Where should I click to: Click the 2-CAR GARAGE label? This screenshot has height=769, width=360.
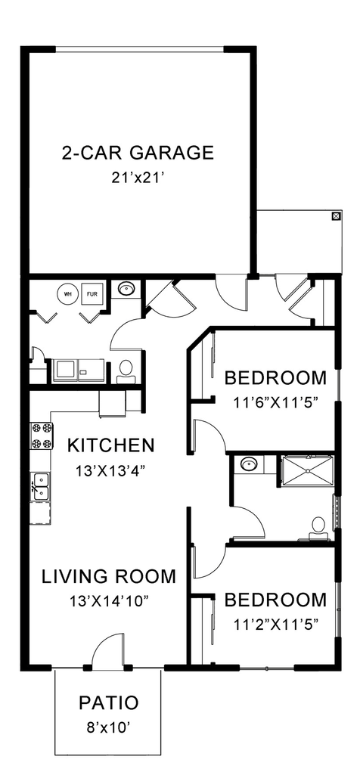138,153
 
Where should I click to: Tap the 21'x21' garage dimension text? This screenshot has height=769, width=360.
138,179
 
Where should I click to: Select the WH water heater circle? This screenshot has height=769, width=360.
67,293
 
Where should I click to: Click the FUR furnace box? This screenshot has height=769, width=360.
92,293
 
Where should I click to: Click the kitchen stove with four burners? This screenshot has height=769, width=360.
41,435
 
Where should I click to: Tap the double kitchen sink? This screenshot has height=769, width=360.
40,486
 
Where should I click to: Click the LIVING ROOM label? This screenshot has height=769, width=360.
109,576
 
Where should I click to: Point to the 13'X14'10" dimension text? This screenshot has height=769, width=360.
109,602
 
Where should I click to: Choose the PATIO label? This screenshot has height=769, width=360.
109,703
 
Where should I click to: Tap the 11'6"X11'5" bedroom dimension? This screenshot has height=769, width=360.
275,402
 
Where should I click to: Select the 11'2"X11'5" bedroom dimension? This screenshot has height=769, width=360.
275,624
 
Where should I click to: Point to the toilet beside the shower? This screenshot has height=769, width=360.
318,526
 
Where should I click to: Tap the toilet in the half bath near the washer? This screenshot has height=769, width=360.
126,369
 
